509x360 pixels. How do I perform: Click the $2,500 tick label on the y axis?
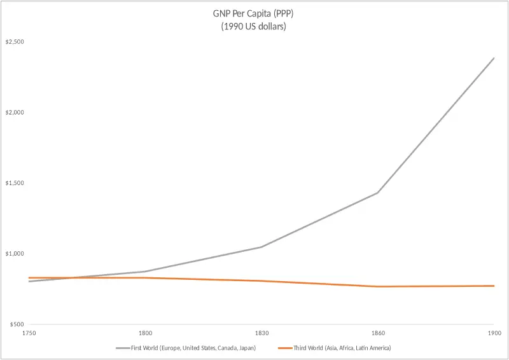click(15, 42)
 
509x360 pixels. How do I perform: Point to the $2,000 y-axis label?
click(15, 113)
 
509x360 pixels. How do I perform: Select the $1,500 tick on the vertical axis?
click(15, 183)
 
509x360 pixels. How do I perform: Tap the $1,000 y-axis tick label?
click(15, 254)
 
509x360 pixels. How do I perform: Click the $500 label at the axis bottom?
click(17, 324)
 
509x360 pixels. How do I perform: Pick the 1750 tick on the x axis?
click(29, 333)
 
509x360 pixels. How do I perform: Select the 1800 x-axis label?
click(146, 333)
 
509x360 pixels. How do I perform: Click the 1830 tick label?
click(261, 333)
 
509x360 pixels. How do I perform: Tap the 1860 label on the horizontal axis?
click(378, 333)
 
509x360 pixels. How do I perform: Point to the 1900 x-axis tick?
click(494, 333)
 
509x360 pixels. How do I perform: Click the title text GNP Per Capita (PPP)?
click(253, 13)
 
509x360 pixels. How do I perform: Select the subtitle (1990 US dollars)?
click(253, 26)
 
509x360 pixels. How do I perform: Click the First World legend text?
click(193, 348)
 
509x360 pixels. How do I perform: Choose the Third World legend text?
click(342, 348)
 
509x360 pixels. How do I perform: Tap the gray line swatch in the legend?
click(123, 349)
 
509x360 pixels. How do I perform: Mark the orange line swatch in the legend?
click(285, 349)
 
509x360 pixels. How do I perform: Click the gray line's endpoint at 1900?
click(494, 58)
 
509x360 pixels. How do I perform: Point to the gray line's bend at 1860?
click(377, 193)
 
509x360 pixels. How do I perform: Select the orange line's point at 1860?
click(378, 286)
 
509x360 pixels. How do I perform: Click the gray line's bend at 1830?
click(261, 247)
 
